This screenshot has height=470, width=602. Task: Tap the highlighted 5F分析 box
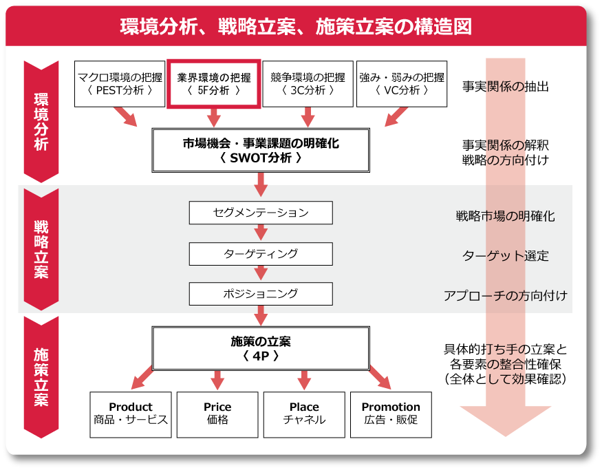click(x=213, y=83)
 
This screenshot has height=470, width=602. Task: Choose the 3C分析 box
click(x=308, y=83)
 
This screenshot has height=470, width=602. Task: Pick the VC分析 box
click(x=402, y=83)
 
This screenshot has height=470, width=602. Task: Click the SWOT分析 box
click(x=261, y=151)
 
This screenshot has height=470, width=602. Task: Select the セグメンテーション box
click(x=261, y=213)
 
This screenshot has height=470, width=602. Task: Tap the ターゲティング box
click(x=261, y=254)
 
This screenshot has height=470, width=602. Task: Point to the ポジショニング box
click(x=261, y=294)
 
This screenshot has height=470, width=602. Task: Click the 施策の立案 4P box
click(x=261, y=349)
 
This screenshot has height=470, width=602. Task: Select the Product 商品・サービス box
click(x=130, y=414)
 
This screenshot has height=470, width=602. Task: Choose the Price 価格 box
click(x=217, y=414)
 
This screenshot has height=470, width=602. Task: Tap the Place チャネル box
click(x=304, y=414)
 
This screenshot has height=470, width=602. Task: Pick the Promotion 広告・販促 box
click(x=391, y=414)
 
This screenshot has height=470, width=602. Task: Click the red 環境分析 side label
click(x=41, y=121)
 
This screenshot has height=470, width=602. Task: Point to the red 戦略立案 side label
click(x=41, y=248)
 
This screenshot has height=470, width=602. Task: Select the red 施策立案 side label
click(x=41, y=376)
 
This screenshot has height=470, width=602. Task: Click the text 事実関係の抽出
click(x=505, y=87)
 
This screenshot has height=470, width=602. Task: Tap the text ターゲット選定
click(x=505, y=256)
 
